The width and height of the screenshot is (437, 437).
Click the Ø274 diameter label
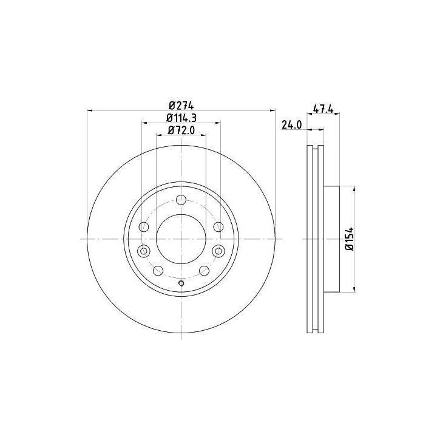[181, 106]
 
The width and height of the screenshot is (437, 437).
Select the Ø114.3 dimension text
[181, 118]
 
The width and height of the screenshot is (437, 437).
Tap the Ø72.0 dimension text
[181, 130]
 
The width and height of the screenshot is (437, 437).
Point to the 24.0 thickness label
[291, 125]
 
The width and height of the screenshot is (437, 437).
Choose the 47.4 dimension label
[324, 109]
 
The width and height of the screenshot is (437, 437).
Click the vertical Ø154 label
[349, 239]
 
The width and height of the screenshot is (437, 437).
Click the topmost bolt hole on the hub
[181, 200]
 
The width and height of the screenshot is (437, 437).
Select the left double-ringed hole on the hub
[144, 251]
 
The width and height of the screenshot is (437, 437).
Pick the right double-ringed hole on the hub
[218, 251]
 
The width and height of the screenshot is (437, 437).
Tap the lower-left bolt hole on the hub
[158, 270]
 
